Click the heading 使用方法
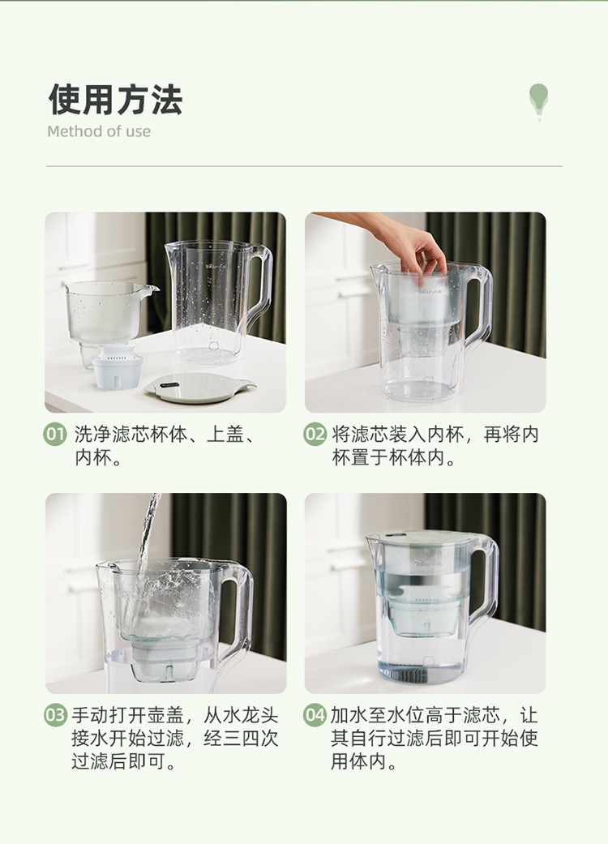click(116, 100)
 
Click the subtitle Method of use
click(99, 131)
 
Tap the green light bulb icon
click(538, 101)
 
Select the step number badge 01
click(55, 435)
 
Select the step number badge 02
click(315, 435)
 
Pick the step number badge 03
click(55, 715)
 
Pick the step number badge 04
click(315, 715)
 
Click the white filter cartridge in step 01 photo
click(117, 367)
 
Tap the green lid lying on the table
click(199, 388)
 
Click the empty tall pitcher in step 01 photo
click(219, 302)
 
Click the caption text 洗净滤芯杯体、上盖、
click(165, 435)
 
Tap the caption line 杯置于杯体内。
click(394, 457)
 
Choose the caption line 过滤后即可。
click(124, 761)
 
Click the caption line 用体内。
click(364, 761)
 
